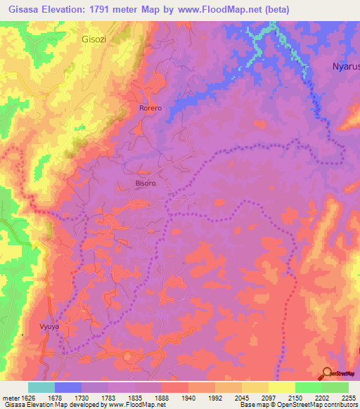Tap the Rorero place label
coord(150,108)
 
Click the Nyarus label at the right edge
coord(345,67)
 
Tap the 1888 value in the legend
coord(161,397)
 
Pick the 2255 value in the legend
coord(347,397)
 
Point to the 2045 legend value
coord(241,397)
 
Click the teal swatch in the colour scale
coord(41,387)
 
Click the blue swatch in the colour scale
coord(68,387)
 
